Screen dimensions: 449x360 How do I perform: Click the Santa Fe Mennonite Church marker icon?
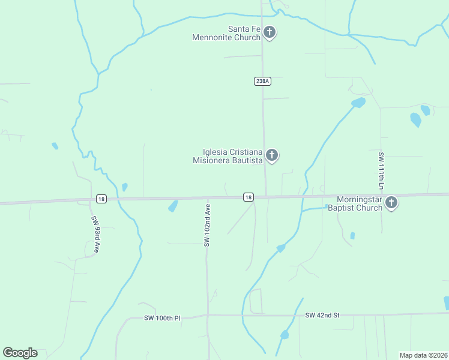pos(270,32)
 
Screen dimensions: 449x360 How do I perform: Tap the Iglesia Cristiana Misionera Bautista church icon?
pos(272,155)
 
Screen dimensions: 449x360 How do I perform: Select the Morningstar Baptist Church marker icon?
pos(391,202)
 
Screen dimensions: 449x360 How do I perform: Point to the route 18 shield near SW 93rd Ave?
pos(100,198)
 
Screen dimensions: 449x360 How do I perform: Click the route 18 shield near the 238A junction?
pos(249,197)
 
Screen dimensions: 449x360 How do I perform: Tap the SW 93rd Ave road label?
pos(95,233)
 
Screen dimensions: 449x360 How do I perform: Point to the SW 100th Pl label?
pos(162,318)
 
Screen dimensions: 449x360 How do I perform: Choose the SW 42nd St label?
pos(322,315)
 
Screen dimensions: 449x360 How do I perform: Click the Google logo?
pos(20,353)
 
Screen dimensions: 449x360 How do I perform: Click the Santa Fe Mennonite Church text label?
pos(226,33)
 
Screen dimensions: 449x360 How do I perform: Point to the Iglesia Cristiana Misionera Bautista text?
pos(228,157)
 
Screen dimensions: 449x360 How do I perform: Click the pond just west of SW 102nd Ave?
pos(173,206)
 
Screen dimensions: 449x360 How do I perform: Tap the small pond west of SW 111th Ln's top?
pos(358,103)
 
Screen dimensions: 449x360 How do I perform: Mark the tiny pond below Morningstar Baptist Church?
pos(352,236)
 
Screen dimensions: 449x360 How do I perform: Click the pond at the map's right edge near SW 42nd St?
pos(446,302)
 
